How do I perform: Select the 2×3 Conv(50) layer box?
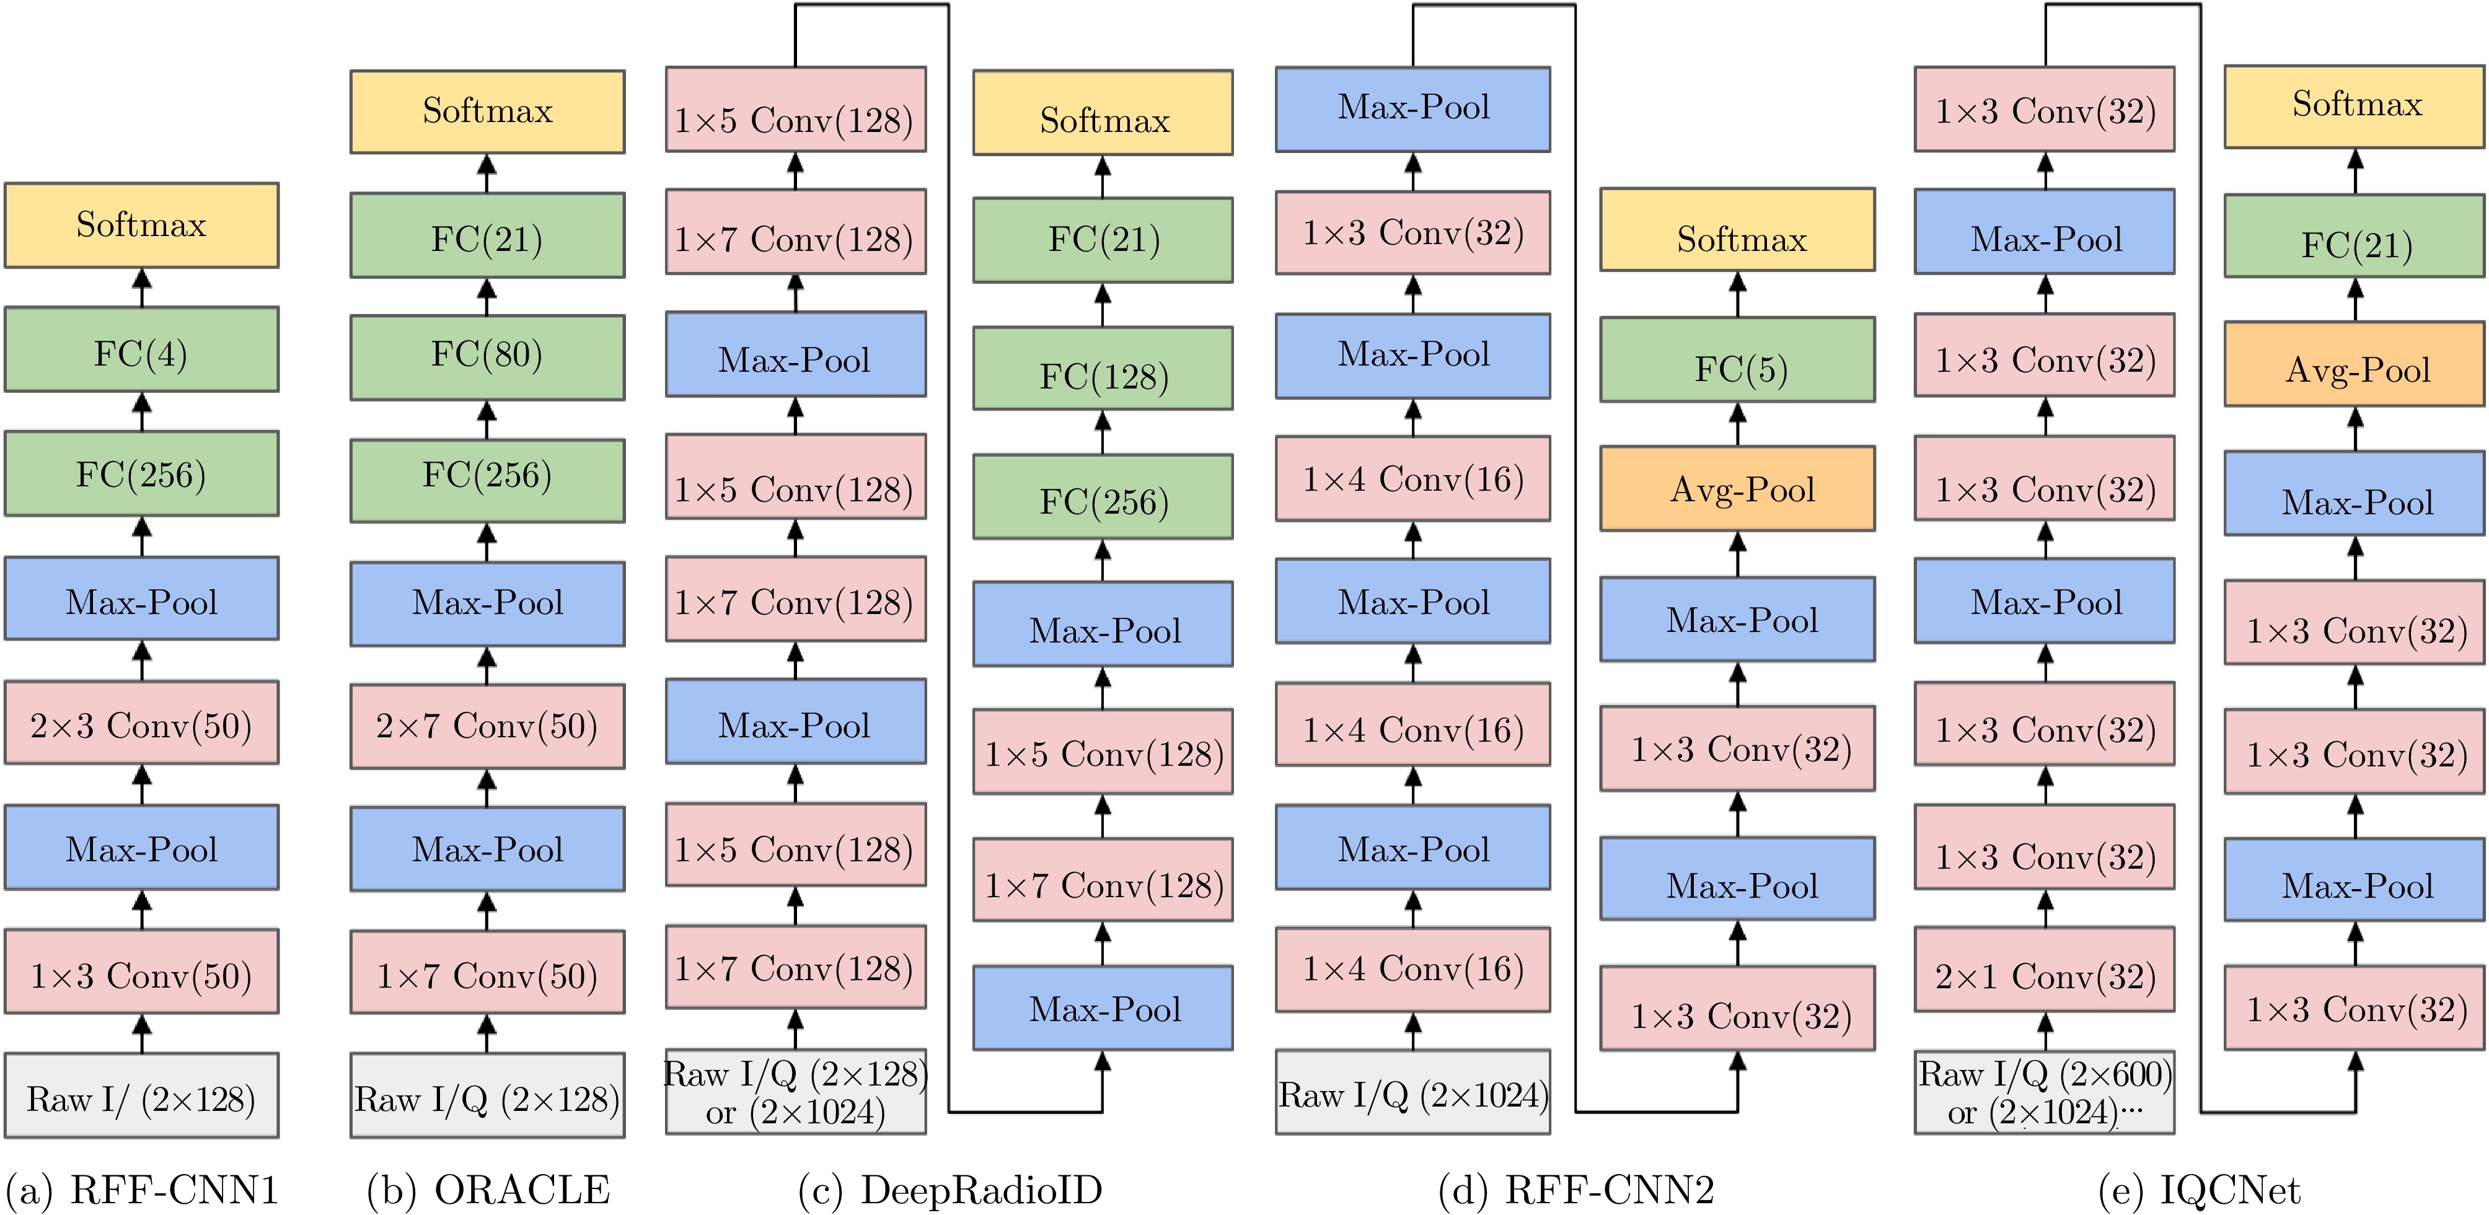141,724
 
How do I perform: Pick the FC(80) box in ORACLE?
487,356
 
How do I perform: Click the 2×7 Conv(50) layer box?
487,726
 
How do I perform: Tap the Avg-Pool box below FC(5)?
1737,489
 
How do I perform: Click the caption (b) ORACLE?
488,1190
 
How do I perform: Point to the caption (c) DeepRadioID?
950,1190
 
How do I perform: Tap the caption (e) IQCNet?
2199,1190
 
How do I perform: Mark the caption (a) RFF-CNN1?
142,1190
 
